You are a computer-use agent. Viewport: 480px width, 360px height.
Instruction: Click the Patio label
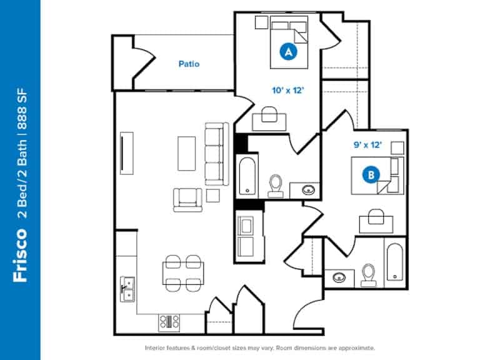pyautogui.click(x=189, y=64)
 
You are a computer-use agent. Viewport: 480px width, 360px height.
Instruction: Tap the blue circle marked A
pyautogui.click(x=289, y=52)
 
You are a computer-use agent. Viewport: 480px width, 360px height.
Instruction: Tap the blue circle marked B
pyautogui.click(x=371, y=176)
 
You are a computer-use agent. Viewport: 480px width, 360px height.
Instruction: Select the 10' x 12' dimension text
pyautogui.click(x=287, y=90)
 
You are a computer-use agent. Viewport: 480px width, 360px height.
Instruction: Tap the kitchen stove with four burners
pyautogui.click(x=169, y=322)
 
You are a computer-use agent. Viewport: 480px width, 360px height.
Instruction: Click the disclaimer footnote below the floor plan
pyautogui.click(x=259, y=347)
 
